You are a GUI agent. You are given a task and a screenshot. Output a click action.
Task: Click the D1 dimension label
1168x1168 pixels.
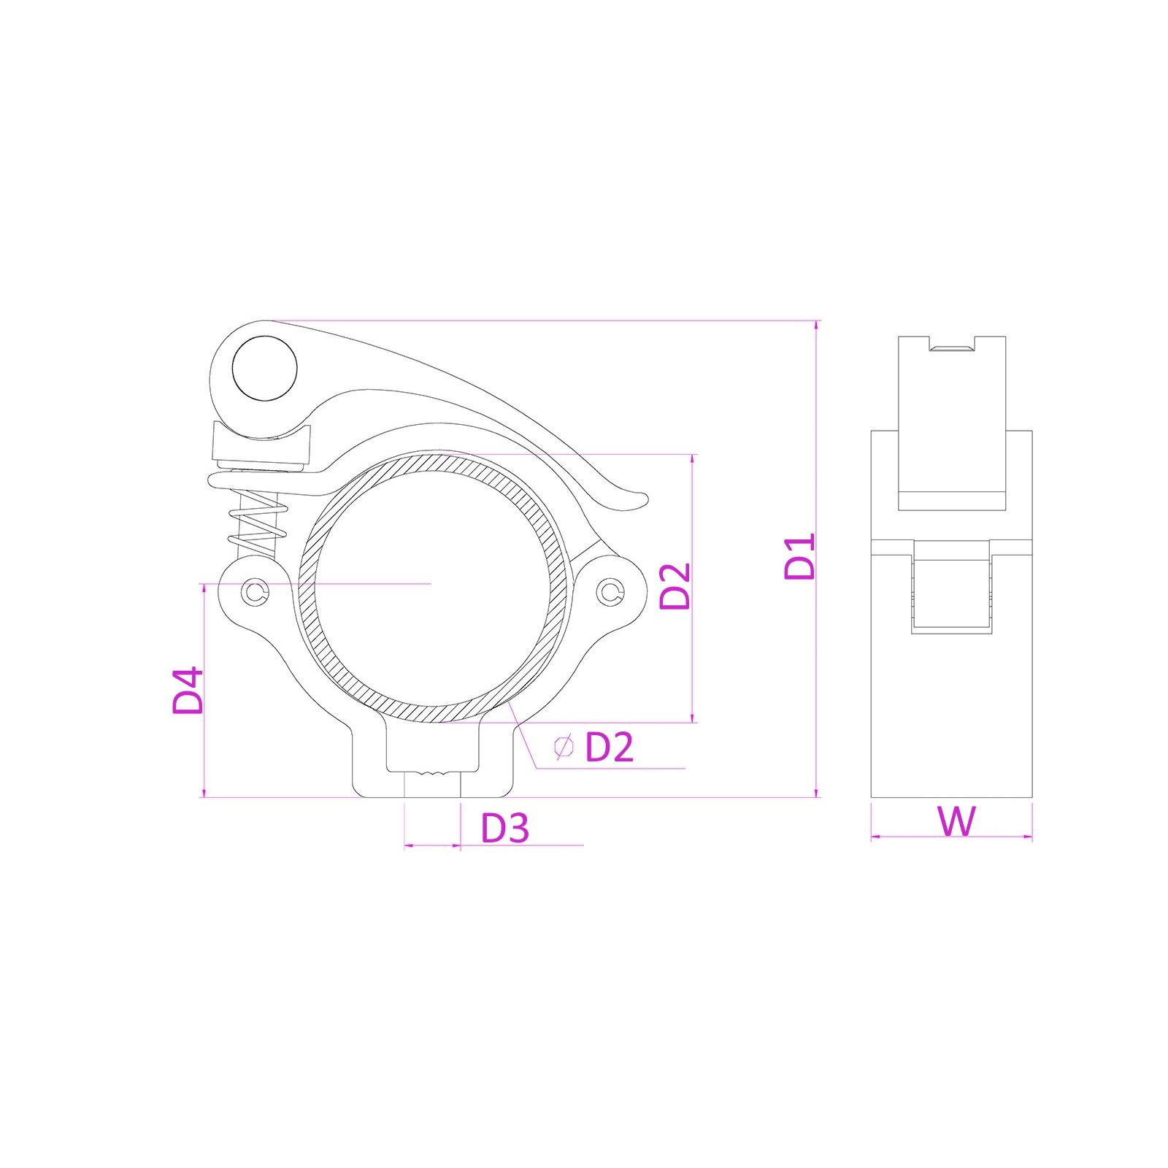pos(799,557)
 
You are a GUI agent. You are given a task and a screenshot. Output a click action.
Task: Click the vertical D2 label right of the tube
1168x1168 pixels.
pos(675,585)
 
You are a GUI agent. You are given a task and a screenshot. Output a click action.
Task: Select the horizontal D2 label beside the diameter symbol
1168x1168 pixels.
pos(610,747)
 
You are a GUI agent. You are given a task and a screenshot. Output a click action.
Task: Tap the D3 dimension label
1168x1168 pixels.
pos(505,828)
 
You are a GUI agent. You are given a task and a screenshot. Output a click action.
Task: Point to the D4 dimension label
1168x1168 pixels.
pos(188,690)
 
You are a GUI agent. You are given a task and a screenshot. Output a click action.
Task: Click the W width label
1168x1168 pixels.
pos(956,821)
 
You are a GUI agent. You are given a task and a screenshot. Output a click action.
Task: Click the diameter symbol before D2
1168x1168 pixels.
pos(564,747)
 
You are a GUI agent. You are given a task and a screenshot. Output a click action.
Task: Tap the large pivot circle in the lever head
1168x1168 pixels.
pos(265,368)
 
